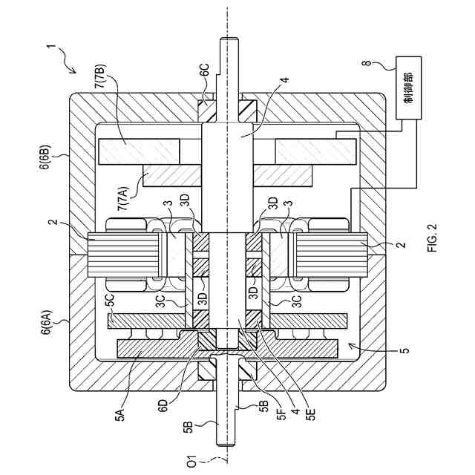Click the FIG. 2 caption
click(432, 237)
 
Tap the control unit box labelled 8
click(409, 88)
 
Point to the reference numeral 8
click(368, 63)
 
